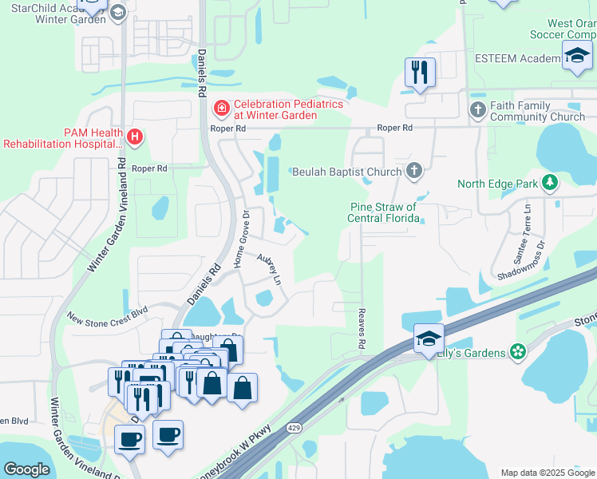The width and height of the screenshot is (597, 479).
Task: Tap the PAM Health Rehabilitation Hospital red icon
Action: [135, 137]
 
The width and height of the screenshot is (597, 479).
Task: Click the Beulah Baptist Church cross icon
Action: [413, 170]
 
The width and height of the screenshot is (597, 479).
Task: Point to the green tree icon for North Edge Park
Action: [549, 184]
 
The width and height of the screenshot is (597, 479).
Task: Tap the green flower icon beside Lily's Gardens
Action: [518, 351]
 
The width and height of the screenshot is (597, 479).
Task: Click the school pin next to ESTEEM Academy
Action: [577, 56]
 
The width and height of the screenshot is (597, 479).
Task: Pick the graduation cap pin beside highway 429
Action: [429, 338]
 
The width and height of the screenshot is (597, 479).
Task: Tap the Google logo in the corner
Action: [26, 469]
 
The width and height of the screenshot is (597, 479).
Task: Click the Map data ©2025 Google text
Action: [547, 473]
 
